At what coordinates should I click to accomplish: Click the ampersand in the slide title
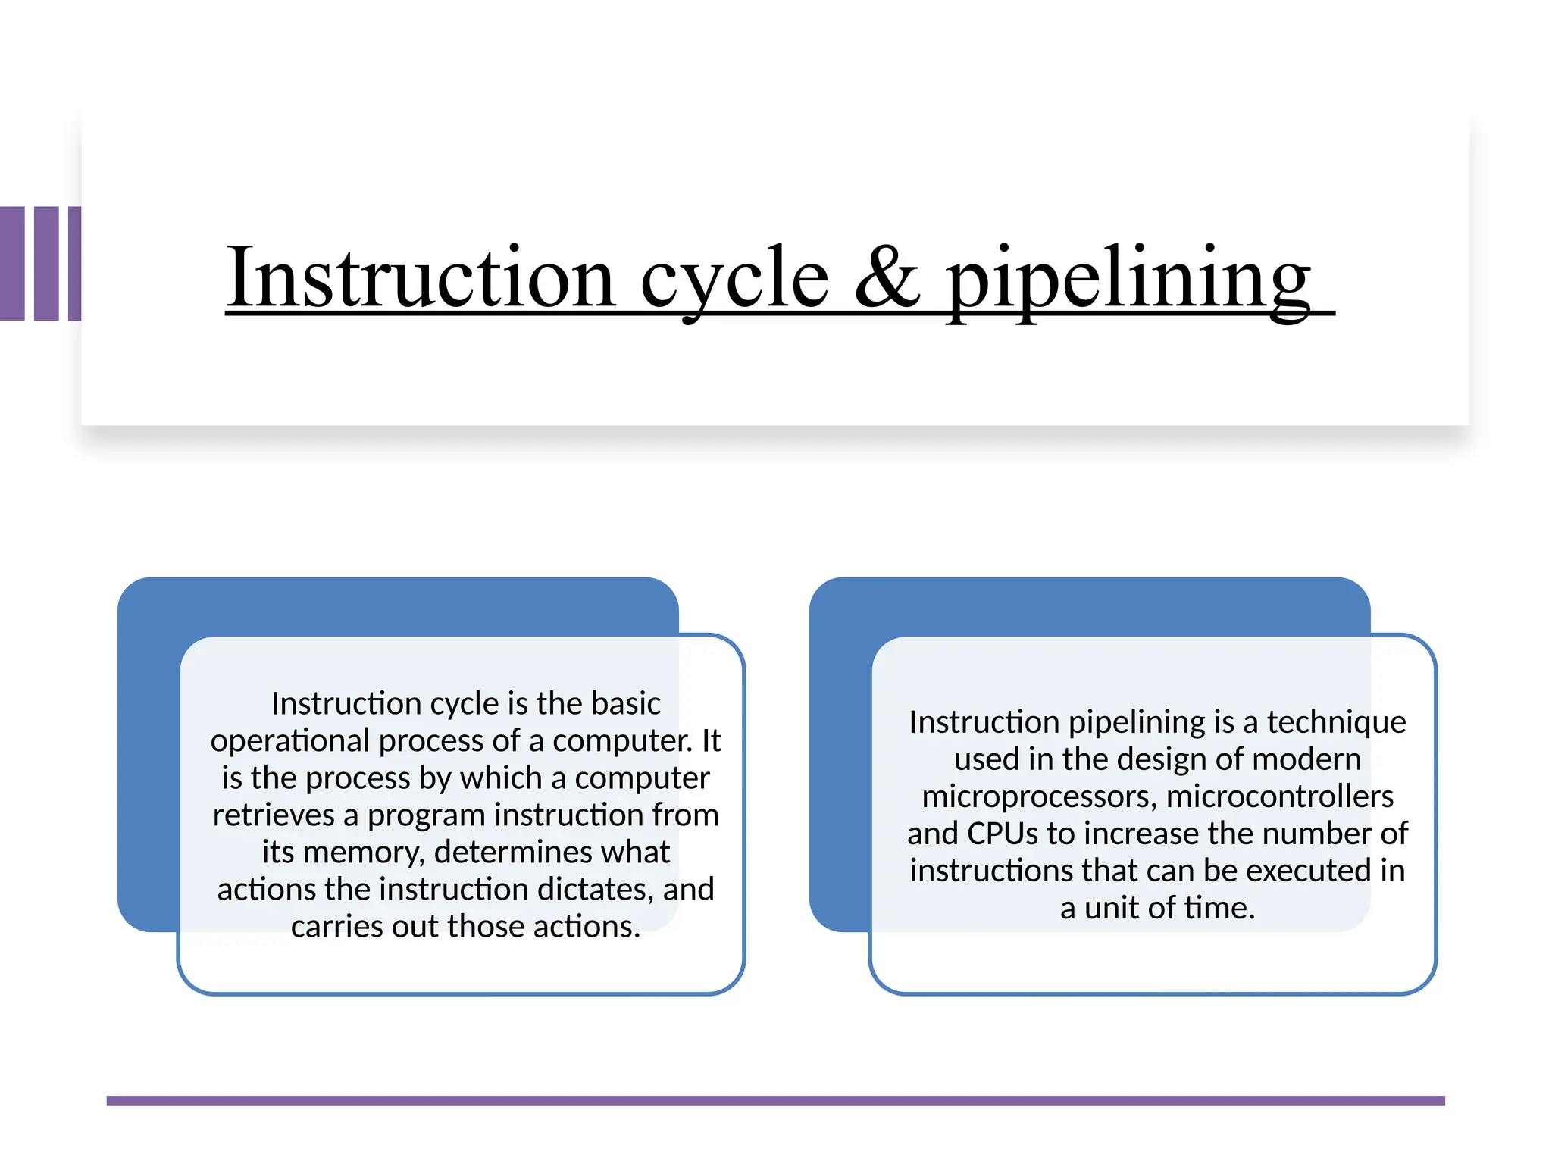pos(887,277)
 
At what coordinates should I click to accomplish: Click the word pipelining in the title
pos(1129,279)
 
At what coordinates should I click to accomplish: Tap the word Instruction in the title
pos(421,277)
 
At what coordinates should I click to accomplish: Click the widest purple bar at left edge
pos(12,263)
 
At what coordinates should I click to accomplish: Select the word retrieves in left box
pos(273,815)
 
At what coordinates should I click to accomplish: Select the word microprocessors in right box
pos(1037,796)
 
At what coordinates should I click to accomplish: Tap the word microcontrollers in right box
pos(1280,796)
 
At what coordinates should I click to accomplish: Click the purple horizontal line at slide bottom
pos(775,1100)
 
